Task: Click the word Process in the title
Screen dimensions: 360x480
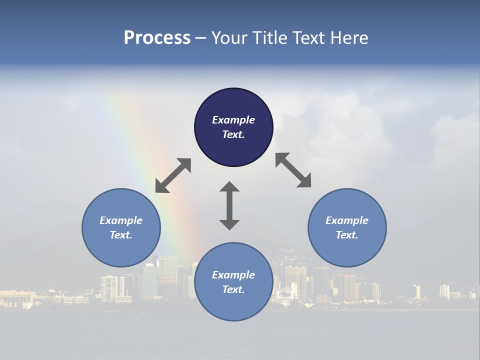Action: (157, 38)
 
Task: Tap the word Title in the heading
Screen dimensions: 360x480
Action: (270, 38)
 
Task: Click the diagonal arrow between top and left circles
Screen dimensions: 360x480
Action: (173, 175)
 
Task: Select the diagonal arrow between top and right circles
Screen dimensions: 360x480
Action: (293, 170)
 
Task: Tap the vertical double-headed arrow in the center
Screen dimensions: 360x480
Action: (229, 206)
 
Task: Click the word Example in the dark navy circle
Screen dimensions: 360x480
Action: (233, 120)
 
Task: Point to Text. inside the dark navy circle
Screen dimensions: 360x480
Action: (233, 134)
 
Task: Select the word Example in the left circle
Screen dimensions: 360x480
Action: (121, 220)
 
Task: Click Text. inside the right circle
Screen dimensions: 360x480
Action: (347, 235)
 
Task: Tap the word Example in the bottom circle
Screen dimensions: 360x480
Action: (233, 275)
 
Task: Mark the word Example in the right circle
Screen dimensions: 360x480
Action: (347, 220)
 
